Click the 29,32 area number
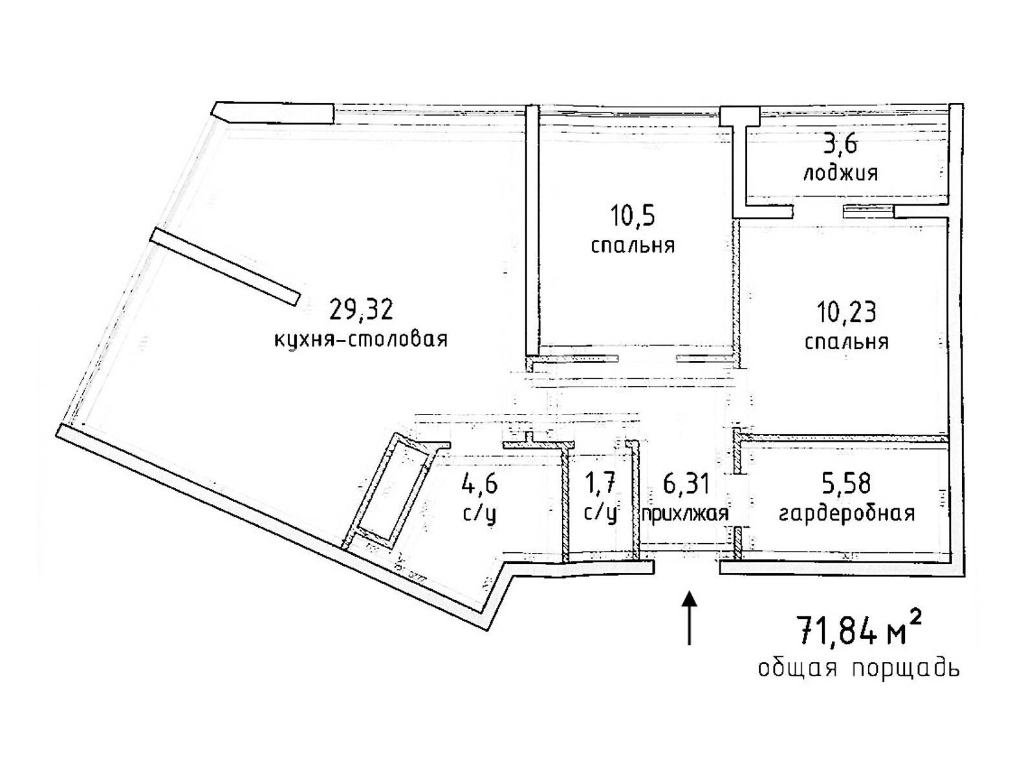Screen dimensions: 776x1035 coord(361,310)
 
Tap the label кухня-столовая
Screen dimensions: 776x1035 coord(361,339)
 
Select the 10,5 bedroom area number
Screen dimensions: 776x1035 coord(632,216)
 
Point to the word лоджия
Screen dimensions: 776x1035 coord(840,173)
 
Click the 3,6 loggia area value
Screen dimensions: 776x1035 coord(840,144)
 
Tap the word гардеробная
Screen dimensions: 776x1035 coord(847,513)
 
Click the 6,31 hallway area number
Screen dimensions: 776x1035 coord(686,483)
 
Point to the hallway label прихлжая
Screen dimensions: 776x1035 coord(685,514)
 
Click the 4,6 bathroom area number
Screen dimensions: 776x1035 coord(479,483)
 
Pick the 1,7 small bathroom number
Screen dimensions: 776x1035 coord(599,483)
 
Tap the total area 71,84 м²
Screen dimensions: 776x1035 coord(858,631)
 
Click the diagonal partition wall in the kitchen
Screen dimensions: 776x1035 coord(225,266)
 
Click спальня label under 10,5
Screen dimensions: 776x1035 coord(633,246)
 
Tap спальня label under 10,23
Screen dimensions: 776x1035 coord(846,342)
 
